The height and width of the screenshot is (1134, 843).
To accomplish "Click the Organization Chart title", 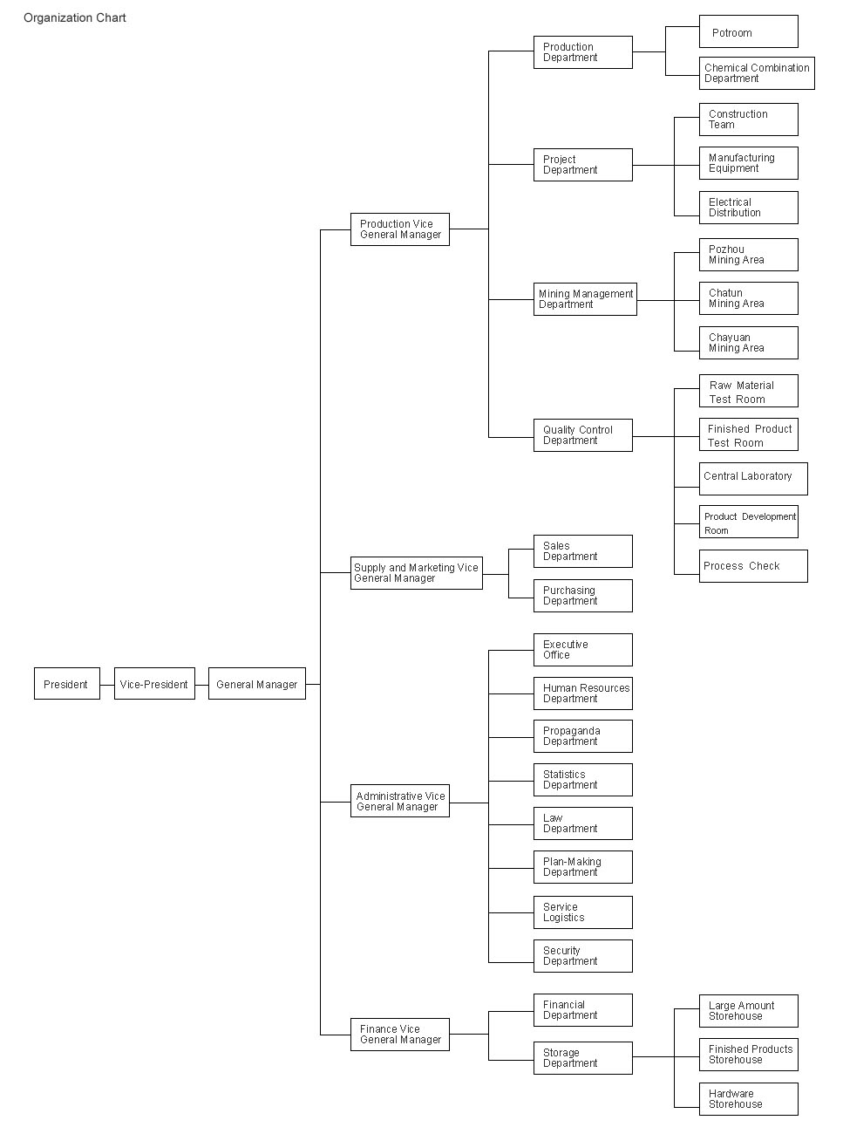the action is [x=75, y=18].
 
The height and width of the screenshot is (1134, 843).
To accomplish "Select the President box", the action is [x=67, y=683].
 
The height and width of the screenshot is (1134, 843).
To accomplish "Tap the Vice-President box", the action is [x=154, y=683].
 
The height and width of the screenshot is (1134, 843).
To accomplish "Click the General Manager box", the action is [x=257, y=683].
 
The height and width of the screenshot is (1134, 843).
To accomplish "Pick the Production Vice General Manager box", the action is [x=400, y=229].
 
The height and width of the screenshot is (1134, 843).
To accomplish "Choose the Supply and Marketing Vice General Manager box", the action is [x=417, y=573].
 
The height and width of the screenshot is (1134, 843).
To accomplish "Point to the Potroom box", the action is [x=749, y=31].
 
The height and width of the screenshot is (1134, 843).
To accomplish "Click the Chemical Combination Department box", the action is [x=758, y=73].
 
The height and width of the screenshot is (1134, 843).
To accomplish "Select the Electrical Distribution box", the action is [x=749, y=208].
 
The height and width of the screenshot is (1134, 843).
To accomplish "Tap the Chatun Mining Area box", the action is [x=749, y=298].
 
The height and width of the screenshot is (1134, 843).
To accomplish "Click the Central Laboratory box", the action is [x=753, y=479].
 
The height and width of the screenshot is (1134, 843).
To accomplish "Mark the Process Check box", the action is [x=753, y=566].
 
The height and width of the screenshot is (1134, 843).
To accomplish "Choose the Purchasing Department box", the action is [x=583, y=596].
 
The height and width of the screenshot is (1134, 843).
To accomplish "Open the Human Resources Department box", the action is [x=583, y=693].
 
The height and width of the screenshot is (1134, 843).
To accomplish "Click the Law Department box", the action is [x=583, y=823].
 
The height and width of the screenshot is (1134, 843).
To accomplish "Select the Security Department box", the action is [x=583, y=956].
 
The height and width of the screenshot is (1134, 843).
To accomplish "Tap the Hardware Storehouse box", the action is [x=749, y=1099].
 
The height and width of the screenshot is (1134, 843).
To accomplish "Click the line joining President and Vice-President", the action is [x=107, y=685].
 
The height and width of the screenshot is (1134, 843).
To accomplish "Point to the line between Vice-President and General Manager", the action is [x=201, y=685].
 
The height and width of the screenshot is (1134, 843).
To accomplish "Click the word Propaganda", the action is [x=571, y=731].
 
